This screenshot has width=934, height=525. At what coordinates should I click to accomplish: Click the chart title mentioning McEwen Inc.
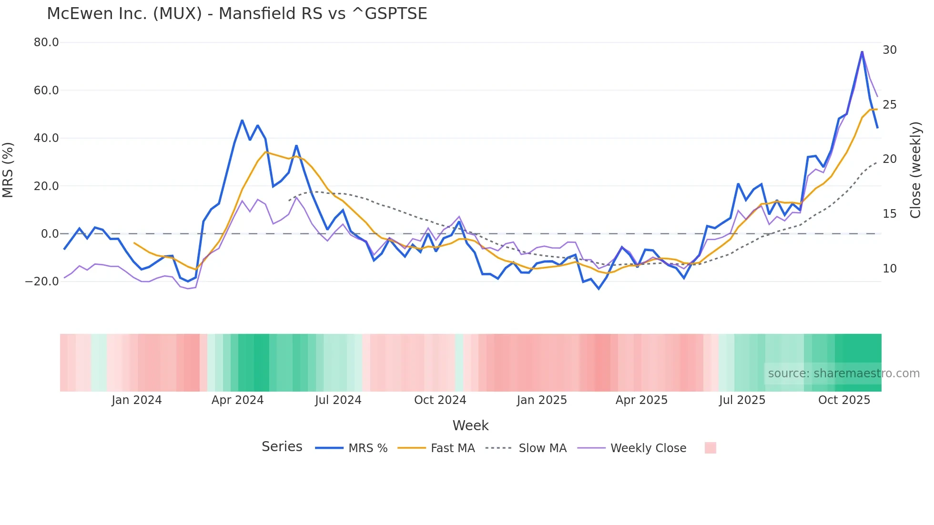237,14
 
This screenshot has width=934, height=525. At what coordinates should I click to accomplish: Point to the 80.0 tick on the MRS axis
46,42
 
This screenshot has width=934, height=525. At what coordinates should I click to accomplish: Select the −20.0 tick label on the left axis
42,282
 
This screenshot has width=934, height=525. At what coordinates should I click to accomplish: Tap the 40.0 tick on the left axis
46,138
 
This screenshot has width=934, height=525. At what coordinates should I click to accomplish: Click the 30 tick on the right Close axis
889,50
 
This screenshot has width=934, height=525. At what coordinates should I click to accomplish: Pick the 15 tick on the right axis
889,214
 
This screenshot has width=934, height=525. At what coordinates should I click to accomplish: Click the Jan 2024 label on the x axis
137,400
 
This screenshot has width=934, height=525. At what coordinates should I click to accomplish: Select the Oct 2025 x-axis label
844,400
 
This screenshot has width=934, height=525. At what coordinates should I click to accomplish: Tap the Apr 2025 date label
641,400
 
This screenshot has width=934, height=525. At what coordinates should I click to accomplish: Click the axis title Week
470,425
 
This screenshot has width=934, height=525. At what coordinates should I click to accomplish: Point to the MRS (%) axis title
8,170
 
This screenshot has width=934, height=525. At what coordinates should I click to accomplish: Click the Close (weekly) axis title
915,170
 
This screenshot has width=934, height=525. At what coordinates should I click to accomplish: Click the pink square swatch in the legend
710,448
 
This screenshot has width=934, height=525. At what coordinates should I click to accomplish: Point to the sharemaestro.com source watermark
843,374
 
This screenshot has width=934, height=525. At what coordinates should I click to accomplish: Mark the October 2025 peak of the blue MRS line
862,51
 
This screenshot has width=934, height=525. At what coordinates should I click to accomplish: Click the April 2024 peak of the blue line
242,120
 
